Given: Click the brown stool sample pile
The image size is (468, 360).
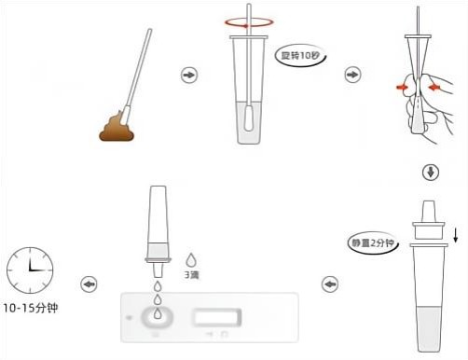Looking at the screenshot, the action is tap(117, 128).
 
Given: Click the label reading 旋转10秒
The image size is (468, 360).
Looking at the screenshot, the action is tap(300, 56).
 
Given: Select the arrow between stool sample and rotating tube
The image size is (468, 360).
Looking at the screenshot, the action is tap(189, 75).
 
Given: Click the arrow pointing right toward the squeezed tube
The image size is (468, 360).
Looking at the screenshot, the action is tap(352, 75).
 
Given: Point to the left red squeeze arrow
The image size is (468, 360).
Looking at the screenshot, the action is tap(402, 87).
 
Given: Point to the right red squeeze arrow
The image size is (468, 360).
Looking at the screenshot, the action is tap(434, 88).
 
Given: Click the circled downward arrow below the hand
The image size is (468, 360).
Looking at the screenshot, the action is tap(431, 173).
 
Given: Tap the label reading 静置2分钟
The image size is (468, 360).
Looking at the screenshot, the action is tap(372, 242).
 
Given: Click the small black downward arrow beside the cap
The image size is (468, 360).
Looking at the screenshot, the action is tap(455, 235).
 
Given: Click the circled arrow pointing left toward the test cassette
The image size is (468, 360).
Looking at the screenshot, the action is tap(330, 284).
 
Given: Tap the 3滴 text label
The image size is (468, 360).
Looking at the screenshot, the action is tap(191, 275).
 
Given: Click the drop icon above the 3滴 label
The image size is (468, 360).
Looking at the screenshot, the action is tap(191, 260).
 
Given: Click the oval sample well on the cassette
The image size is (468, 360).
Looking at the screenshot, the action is tap(158, 317).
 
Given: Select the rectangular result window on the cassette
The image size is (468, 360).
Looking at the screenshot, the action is tap(216, 317).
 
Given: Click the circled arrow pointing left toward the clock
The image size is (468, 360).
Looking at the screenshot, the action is tap(89, 284).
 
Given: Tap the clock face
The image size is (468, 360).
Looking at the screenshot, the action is tap(30, 270).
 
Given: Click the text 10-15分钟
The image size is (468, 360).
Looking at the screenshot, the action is tap(31, 308).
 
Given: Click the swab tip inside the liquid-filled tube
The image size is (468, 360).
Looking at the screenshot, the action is tap(248, 118).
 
